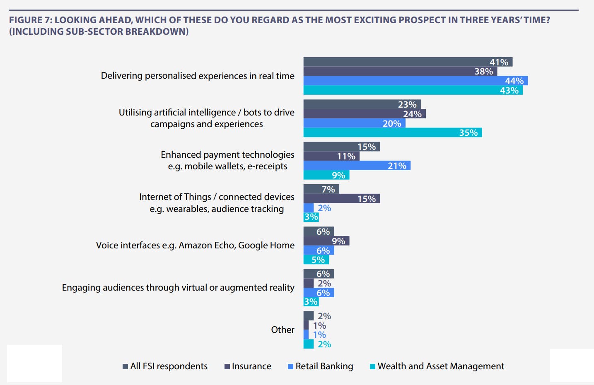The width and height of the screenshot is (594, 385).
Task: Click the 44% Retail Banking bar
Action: point(414,81)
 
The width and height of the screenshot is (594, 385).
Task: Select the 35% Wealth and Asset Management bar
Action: point(391,132)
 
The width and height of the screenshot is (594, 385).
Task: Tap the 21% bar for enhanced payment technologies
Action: point(356,166)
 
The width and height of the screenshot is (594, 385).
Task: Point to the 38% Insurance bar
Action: point(400,71)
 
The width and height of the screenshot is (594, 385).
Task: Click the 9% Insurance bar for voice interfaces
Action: point(326,241)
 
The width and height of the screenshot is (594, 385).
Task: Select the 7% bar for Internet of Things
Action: point(321,189)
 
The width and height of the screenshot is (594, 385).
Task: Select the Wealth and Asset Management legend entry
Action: point(437,366)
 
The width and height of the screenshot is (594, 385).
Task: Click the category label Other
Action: point(283,330)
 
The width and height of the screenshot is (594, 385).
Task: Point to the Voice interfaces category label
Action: point(195,245)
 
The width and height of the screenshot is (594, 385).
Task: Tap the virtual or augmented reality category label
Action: point(178,288)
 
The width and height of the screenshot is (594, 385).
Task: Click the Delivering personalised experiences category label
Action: point(198,76)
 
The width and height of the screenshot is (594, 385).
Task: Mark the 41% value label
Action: point(499,62)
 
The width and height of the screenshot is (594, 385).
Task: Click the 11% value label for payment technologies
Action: point(346,156)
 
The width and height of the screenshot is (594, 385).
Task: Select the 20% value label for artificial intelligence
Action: point(391,123)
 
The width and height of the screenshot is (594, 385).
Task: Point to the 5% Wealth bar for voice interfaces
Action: point(316,260)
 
